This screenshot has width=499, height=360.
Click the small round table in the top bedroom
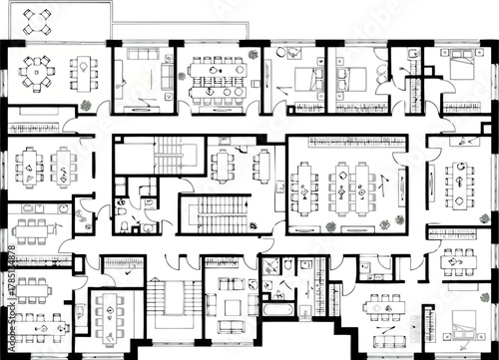point(286,53)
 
